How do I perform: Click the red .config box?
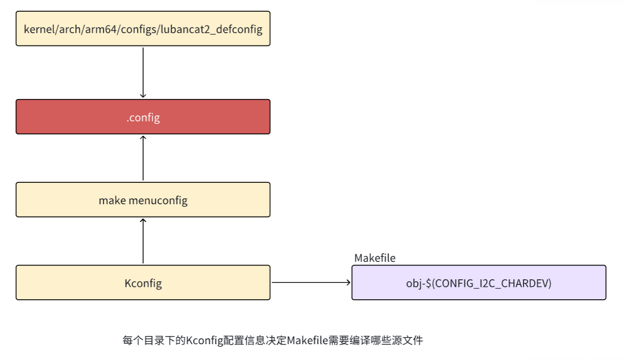pyautogui.click(x=143, y=117)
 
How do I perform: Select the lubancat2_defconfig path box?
pyautogui.click(x=143, y=29)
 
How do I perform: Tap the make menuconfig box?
pyautogui.click(x=143, y=200)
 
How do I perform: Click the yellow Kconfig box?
pyautogui.click(x=143, y=282)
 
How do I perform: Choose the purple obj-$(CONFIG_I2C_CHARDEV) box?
pyautogui.click(x=478, y=282)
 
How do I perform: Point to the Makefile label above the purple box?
pyautogui.click(x=375, y=258)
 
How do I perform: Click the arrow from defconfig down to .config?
pyautogui.click(x=143, y=71)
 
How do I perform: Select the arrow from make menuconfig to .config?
pyautogui.click(x=143, y=158)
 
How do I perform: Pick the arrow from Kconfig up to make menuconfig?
pyautogui.click(x=143, y=241)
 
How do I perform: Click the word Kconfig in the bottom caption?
pyautogui.click(x=204, y=340)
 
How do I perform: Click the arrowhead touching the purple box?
pyautogui.click(x=348, y=282)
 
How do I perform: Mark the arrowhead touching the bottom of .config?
pyautogui.click(x=143, y=138)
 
